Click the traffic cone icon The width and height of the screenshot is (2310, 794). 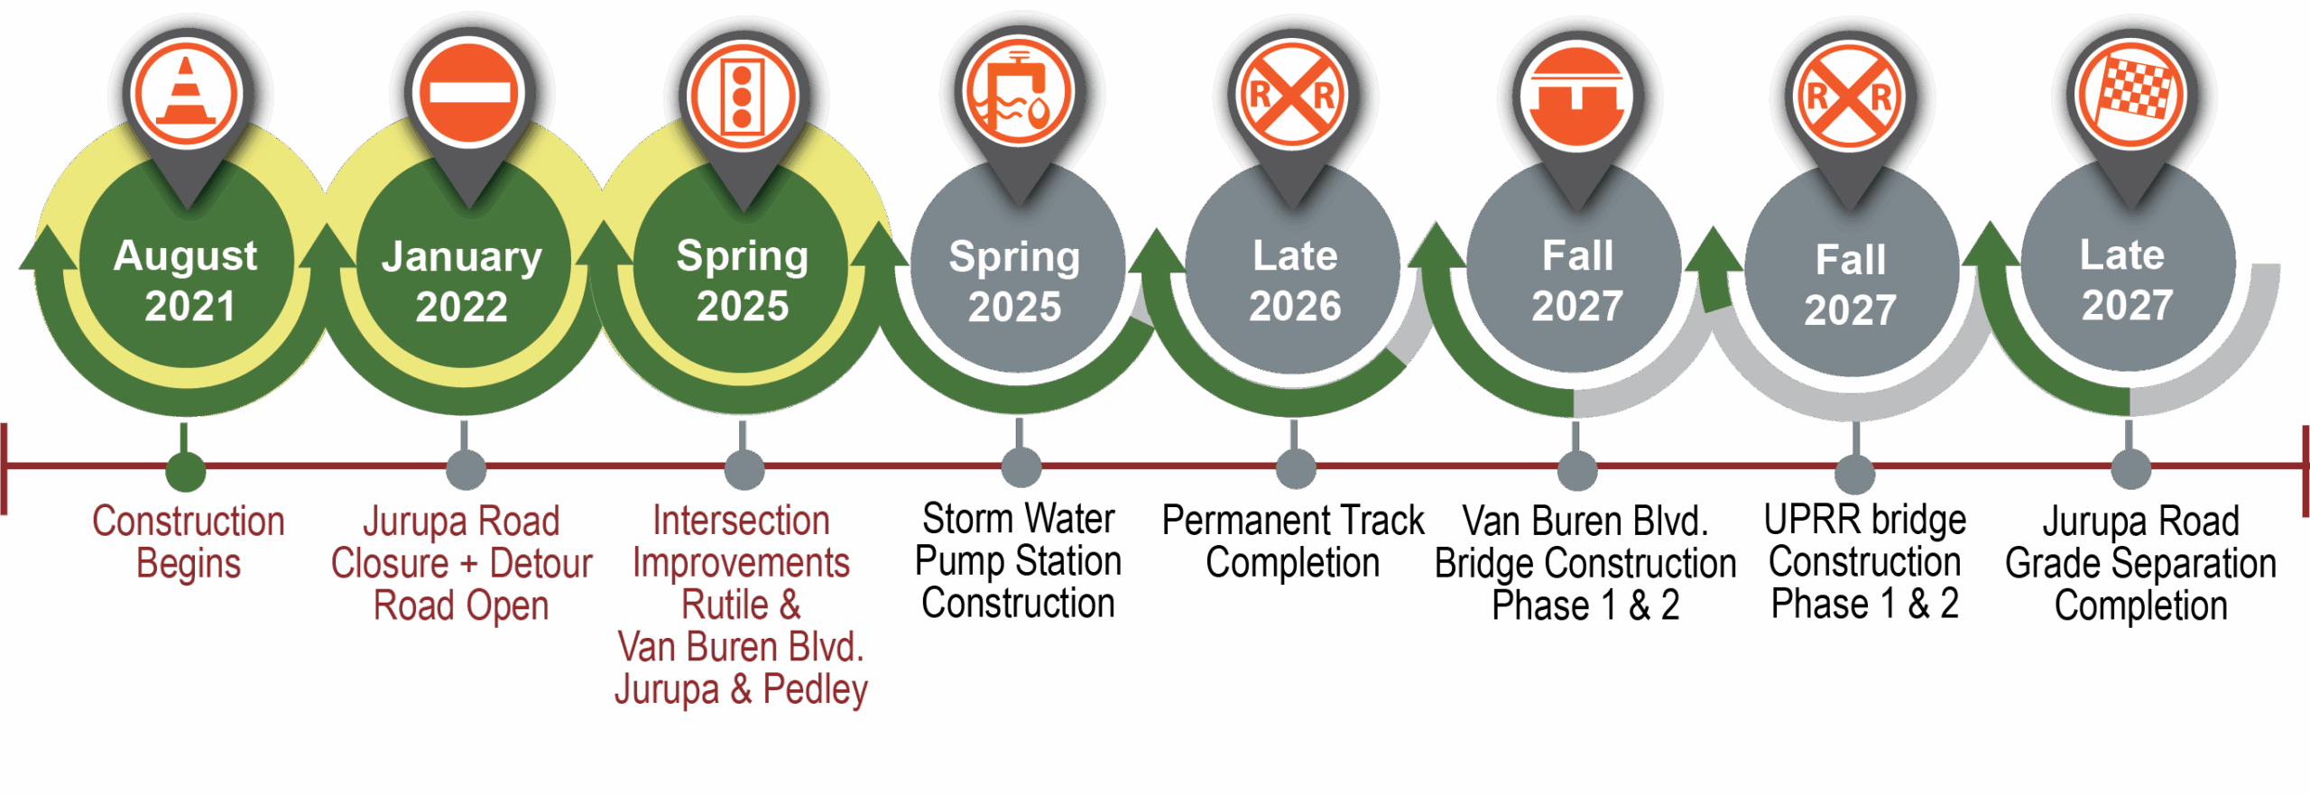pyautogui.click(x=186, y=94)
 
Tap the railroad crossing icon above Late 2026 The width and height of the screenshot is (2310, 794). pyautogui.click(x=1292, y=94)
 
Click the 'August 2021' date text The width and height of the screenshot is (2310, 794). pyautogui.click(x=187, y=281)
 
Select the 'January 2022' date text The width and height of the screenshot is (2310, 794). pyautogui.click(x=462, y=282)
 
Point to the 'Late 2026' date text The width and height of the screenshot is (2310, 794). pyautogui.click(x=1295, y=281)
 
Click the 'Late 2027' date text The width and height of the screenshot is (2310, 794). pyautogui.click(x=2125, y=280)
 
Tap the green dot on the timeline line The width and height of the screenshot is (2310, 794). pyautogui.click(x=186, y=471)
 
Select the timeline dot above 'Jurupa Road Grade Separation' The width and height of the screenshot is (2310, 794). pyautogui.click(x=2130, y=469)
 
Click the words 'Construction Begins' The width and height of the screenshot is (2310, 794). pyautogui.click(x=189, y=541)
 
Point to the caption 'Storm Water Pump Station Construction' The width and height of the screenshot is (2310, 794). pyautogui.click(x=1018, y=561)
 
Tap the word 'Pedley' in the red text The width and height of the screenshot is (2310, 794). pyautogui.click(x=815, y=689)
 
